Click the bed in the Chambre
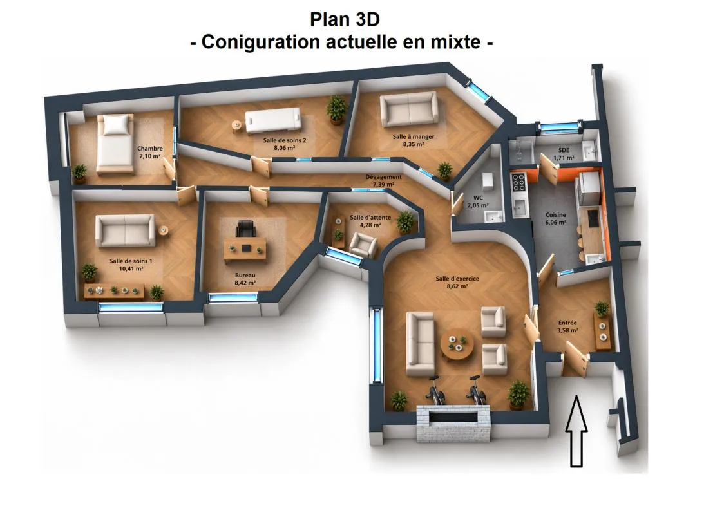click(116, 144)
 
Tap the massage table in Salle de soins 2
click(273, 120)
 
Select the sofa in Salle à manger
click(408, 109)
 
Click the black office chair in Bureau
click(245, 229)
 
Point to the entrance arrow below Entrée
click(576, 431)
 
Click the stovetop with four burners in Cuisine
click(518, 182)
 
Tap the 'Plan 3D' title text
click(345, 19)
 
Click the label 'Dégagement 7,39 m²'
click(383, 180)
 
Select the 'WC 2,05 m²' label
click(478, 201)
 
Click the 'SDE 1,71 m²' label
click(564, 154)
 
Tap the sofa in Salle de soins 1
click(125, 230)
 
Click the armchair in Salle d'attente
click(363, 245)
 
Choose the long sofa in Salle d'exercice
click(420, 343)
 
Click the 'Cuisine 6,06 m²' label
click(555, 218)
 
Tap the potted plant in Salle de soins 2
click(337, 109)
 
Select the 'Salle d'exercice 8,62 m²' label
click(457, 282)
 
